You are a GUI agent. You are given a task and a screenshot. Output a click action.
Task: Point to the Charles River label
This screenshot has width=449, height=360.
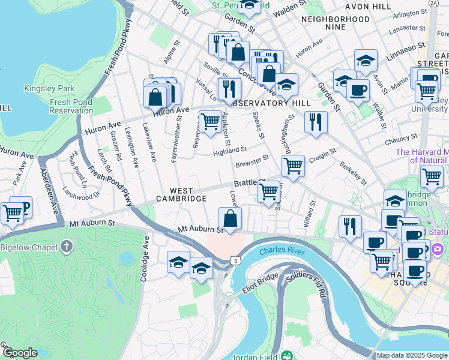point(281,251)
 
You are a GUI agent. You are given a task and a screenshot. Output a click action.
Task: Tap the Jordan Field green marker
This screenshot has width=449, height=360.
point(287,355)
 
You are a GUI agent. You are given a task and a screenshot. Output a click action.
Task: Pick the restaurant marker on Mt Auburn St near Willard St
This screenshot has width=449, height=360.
point(349,226)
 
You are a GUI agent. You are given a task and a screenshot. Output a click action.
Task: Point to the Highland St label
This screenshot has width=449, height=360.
point(230,151)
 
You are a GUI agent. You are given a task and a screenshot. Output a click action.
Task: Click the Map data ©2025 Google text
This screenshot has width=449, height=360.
point(411,355)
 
